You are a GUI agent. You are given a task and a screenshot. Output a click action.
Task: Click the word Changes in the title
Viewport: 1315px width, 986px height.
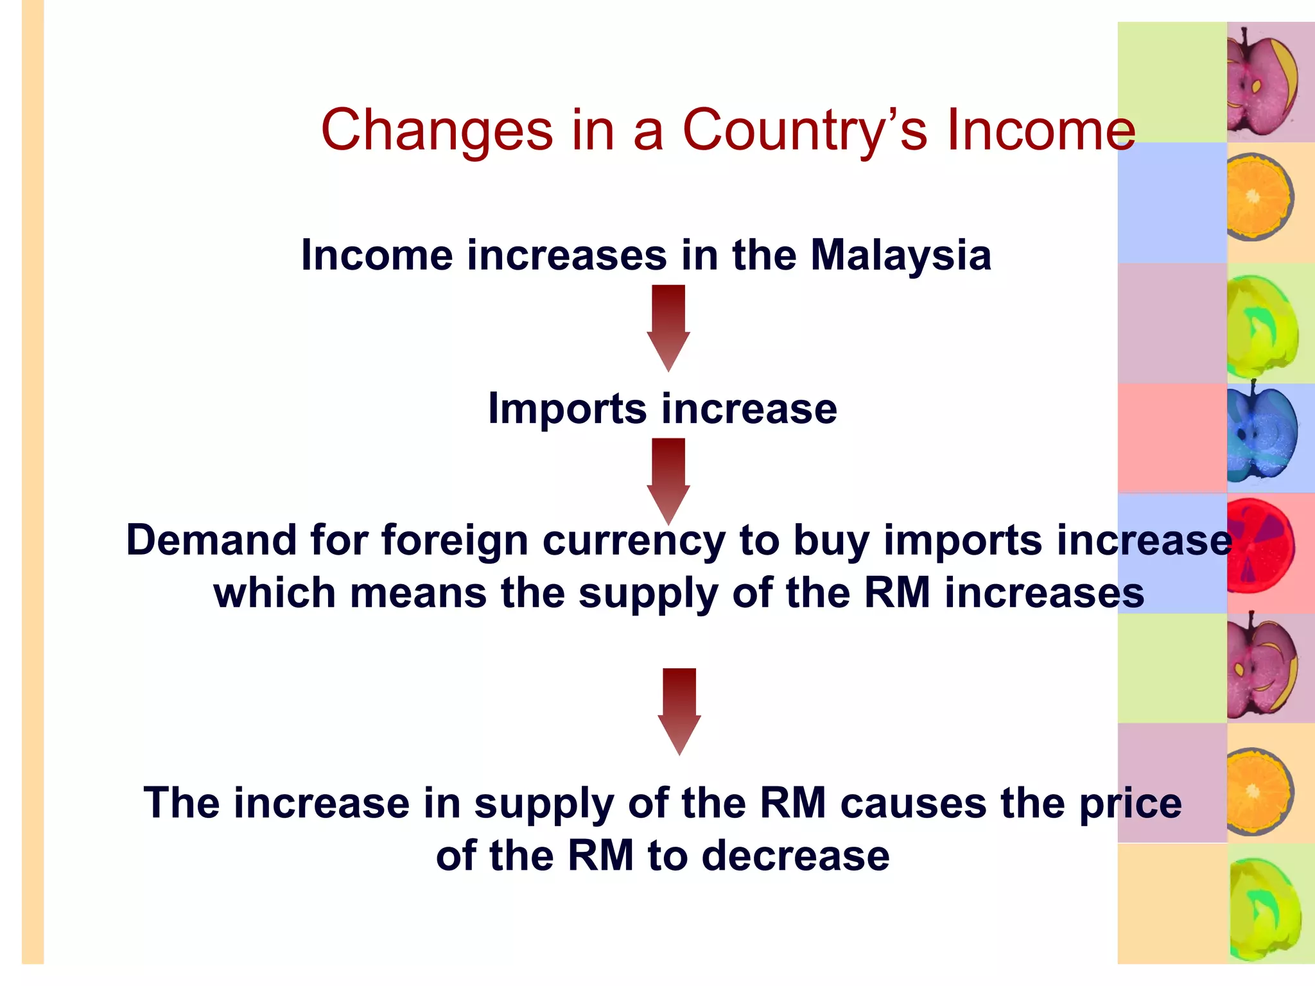point(437,130)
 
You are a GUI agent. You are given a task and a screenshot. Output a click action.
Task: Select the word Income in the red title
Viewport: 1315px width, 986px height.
point(1041,130)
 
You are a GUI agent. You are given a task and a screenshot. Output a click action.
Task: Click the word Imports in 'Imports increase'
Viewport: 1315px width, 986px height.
point(567,409)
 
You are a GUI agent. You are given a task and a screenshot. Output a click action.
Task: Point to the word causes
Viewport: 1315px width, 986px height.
point(912,803)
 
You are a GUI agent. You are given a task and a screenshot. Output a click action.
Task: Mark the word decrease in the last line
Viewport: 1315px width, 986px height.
point(796,856)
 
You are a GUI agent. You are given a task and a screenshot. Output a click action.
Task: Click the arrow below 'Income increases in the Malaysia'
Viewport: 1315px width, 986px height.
point(668,327)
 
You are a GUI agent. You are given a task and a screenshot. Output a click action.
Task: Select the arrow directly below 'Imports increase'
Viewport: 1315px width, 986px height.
point(668,480)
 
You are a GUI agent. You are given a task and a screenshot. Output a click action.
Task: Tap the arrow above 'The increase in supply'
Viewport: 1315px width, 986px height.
point(679,711)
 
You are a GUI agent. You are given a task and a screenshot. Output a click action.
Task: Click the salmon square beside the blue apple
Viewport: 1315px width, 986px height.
point(1172,438)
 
